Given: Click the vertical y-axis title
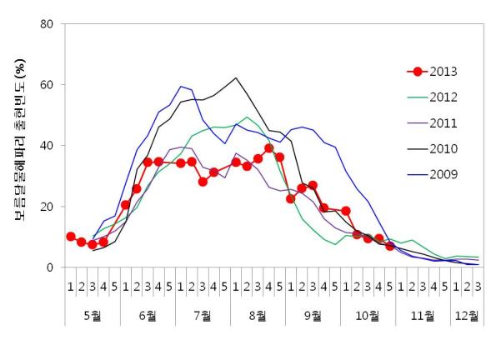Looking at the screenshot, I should pyautogui.click(x=18, y=146).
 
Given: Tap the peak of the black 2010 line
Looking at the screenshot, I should pyautogui.click(x=236, y=78).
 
